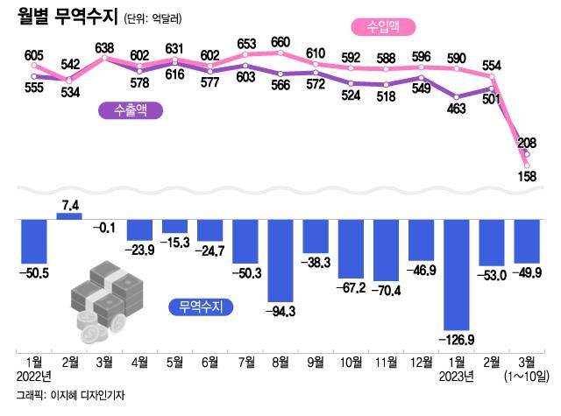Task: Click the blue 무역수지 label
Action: (199, 307)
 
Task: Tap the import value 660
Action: (280, 42)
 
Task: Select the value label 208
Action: (527, 143)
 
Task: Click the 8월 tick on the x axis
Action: (280, 361)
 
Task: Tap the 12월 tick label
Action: (422, 361)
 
